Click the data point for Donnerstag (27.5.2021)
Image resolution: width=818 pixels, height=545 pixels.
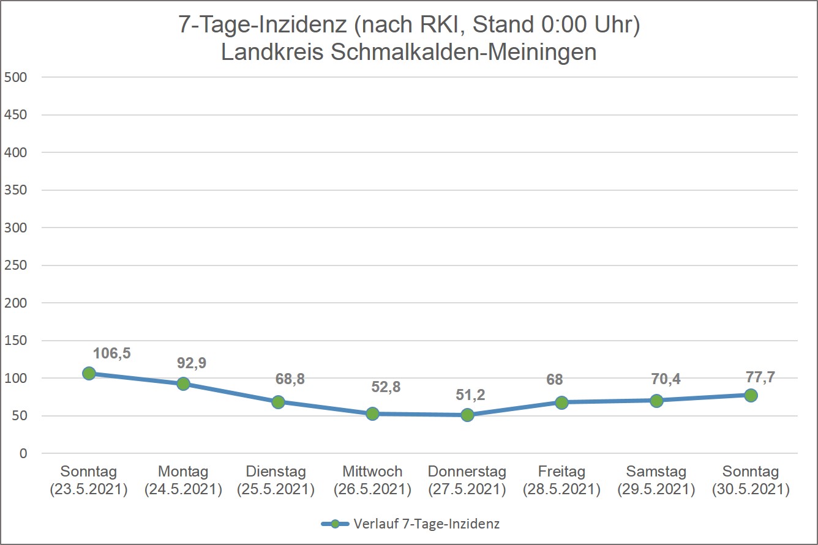click(467, 415)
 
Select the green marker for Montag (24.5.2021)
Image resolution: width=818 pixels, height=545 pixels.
click(183, 384)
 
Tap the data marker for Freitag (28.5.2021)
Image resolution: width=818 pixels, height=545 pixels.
click(561, 402)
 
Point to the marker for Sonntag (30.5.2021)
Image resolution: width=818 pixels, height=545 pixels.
click(751, 395)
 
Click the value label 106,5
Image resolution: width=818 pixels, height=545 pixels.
click(112, 353)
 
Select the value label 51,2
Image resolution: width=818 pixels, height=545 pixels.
click(470, 395)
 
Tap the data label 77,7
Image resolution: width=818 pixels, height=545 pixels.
click(760, 377)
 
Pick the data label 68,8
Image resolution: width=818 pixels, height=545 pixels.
click(290, 379)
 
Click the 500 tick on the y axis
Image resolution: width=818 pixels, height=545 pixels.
click(15, 77)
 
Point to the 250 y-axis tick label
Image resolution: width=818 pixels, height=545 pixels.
click(15, 265)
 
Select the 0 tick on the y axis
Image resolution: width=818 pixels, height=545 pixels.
click(23, 453)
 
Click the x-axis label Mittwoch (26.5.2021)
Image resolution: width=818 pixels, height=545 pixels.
click(372, 480)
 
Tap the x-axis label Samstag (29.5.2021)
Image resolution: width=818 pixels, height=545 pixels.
click(656, 480)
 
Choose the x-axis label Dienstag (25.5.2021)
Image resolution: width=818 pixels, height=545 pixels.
click(276, 480)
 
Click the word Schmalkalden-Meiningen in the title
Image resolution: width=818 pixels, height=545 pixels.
click(463, 52)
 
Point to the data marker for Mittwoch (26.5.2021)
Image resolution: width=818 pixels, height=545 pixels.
click(372, 413)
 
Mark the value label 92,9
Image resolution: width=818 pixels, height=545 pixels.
click(192, 363)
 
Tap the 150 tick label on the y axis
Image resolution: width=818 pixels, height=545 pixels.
click(15, 340)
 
